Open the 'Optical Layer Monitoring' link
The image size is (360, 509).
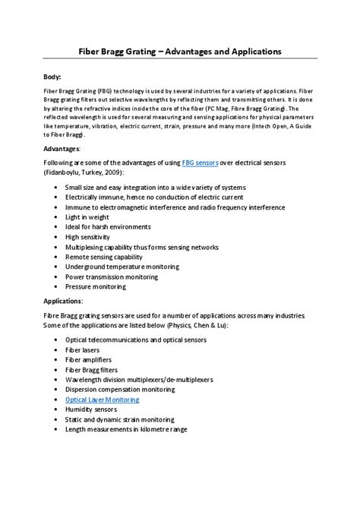[x=102, y=399]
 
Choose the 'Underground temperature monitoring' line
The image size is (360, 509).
[x=122, y=267]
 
